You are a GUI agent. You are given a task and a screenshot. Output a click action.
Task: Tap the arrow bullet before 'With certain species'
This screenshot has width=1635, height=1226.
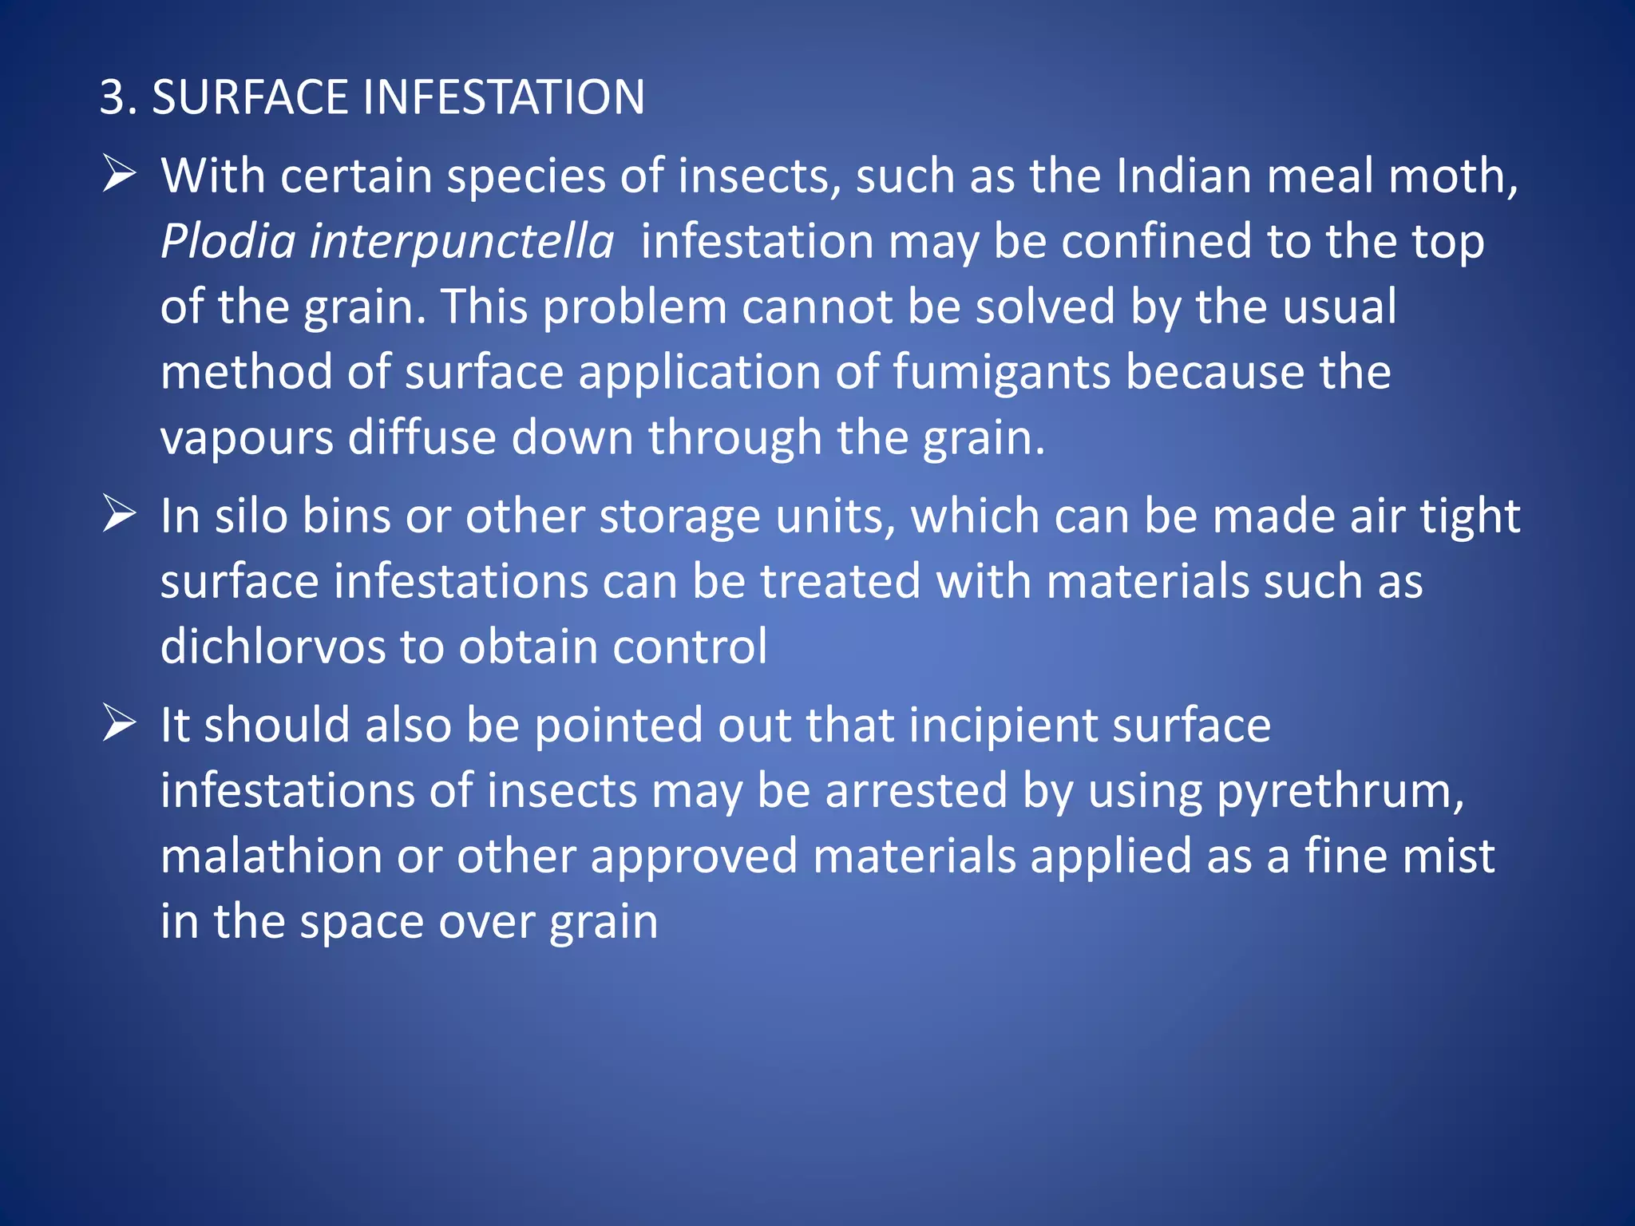pos(119,174)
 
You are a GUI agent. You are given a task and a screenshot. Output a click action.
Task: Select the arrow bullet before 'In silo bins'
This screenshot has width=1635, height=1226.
pos(119,514)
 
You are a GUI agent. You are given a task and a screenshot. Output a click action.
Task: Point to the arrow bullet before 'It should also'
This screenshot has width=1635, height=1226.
pos(119,723)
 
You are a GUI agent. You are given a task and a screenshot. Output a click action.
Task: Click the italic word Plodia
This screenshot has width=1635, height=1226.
pos(228,241)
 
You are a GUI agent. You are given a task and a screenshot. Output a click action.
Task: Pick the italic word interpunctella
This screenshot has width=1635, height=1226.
pos(461,241)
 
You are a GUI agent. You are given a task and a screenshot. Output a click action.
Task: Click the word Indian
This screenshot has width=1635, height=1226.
pos(1183,176)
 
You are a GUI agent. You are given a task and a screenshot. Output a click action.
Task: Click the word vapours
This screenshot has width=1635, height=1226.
pos(247,437)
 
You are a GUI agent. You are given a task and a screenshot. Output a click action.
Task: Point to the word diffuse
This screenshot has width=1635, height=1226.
pos(422,437)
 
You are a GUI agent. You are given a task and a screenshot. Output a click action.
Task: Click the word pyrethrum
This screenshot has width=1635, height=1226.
pos(1340,792)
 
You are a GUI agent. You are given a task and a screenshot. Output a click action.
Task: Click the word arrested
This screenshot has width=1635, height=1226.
pos(916,790)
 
